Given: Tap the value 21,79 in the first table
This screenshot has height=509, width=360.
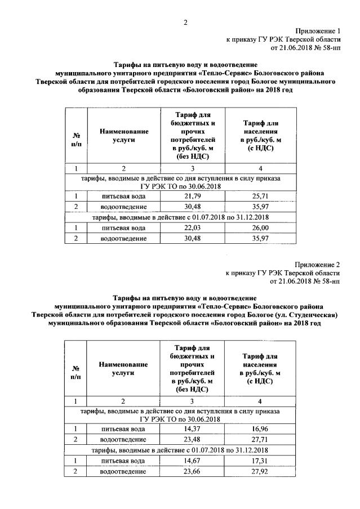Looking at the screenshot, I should [192, 196].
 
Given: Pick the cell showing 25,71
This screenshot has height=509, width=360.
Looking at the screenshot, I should [260, 196].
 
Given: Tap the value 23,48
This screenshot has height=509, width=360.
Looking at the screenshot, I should [192, 439].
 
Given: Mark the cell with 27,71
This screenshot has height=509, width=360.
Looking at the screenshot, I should [260, 439].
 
